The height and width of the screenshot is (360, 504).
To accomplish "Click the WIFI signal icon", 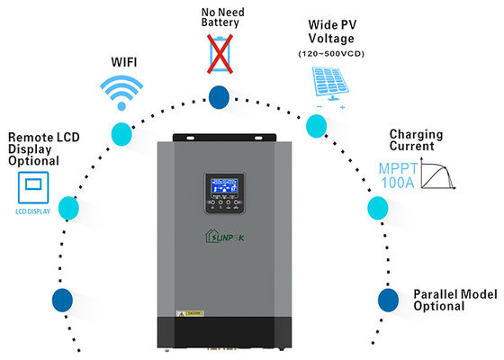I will [121, 91].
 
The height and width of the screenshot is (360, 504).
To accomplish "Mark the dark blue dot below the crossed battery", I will [219, 98].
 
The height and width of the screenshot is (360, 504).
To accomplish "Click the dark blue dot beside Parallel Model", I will [388, 299].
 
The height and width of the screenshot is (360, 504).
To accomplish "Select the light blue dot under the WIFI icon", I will [120, 133].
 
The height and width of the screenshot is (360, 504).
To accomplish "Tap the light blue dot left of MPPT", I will [375, 209].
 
